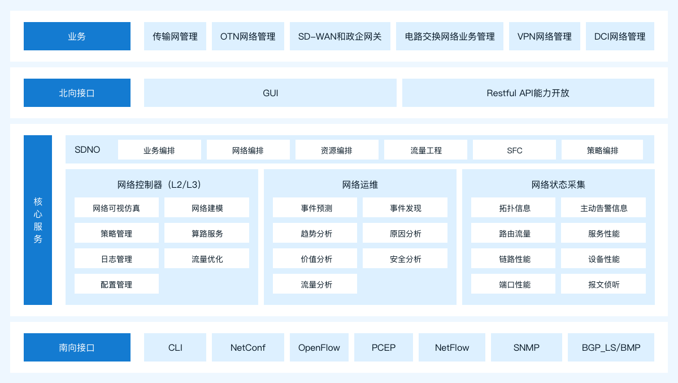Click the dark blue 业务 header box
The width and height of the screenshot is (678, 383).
click(x=77, y=36)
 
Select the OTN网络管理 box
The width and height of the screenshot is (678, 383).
click(x=248, y=36)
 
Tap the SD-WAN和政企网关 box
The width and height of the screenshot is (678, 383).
click(x=340, y=36)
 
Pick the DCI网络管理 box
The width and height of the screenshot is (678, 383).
click(x=620, y=36)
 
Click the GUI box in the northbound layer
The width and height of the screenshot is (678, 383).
click(x=270, y=93)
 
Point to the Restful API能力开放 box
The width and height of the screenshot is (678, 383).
click(x=528, y=93)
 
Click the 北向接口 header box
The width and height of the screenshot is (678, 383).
click(x=77, y=93)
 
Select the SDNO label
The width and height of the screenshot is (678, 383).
click(x=87, y=150)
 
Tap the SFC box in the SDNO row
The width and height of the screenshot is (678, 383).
click(x=514, y=150)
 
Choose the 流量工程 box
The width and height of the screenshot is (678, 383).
click(x=425, y=150)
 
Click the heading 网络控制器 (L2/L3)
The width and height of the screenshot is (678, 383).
click(x=159, y=184)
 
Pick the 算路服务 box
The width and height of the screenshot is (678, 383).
click(x=207, y=233)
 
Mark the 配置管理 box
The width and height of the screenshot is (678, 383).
click(x=116, y=284)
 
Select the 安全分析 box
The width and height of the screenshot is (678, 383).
click(x=405, y=259)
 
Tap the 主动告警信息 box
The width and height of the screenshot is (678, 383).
click(x=603, y=208)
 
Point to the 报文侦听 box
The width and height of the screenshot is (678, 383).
click(x=603, y=284)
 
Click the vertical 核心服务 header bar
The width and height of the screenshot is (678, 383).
click(x=38, y=220)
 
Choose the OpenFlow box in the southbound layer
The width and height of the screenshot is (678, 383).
click(x=319, y=347)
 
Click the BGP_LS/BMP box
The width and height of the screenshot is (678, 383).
click(x=611, y=347)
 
